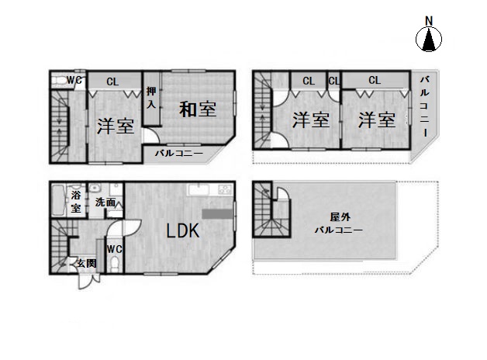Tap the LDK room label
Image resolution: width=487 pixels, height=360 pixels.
[183, 231]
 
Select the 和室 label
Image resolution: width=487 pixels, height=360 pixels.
[198, 109]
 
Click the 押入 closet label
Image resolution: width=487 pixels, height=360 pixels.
[151, 97]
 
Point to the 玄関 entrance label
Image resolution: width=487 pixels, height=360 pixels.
[86, 263]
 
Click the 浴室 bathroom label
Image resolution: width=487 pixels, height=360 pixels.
[76, 202]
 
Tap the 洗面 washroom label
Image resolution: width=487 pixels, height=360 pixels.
[105, 202]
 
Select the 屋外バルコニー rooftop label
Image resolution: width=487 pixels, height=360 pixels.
[339, 223]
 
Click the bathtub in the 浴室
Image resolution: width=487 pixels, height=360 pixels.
[57, 199]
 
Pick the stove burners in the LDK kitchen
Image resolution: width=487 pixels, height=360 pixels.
[225, 189]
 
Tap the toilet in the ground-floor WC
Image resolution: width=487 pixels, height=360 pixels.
[115, 263]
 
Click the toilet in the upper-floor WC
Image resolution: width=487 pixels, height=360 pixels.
[59, 81]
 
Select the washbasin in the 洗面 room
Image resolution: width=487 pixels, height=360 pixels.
[95, 189]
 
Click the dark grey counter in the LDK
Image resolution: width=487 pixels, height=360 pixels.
[217, 213]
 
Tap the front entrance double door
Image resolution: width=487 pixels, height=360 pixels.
[89, 281]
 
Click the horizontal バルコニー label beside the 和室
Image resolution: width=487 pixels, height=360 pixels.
[179, 154]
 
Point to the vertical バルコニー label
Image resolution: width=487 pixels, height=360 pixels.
[425, 106]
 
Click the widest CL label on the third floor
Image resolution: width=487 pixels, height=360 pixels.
[375, 81]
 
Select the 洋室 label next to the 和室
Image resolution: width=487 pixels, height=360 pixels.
[116, 126]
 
